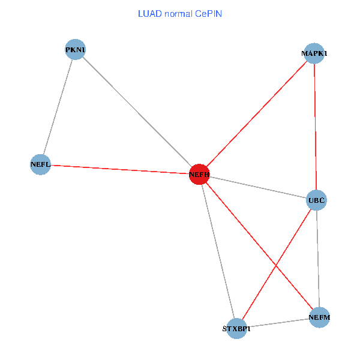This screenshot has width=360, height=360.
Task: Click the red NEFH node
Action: tap(199, 175)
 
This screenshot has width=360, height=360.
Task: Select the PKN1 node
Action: tap(75, 49)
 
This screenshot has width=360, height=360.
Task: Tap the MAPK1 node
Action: tap(314, 53)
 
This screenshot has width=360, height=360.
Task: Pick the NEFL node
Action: tap(40, 164)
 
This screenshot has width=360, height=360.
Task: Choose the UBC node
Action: tap(316, 199)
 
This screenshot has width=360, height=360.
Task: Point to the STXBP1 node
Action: tap(237, 328)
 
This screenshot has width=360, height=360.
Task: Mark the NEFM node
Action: tap(320, 317)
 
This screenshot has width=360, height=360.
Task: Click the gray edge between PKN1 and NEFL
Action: tap(58, 107)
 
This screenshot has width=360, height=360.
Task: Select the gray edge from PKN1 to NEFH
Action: tap(137, 112)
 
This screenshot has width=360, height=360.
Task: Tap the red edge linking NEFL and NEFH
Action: tap(120, 169)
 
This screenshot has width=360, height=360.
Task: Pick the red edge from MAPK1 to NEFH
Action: tap(257, 114)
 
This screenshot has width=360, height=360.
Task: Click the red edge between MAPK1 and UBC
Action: tap(315, 126)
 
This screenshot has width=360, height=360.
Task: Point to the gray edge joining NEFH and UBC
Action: tap(258, 187)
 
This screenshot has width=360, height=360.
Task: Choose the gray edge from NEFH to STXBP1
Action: tap(218, 251)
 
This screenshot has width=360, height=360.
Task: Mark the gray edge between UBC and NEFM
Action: tap(318, 258)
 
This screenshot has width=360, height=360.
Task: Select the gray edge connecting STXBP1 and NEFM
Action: tap(278, 323)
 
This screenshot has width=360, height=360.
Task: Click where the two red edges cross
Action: tap(276, 263)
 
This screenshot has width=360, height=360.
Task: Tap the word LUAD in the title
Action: tap(148, 14)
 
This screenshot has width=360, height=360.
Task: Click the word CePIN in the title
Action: tap(208, 14)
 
